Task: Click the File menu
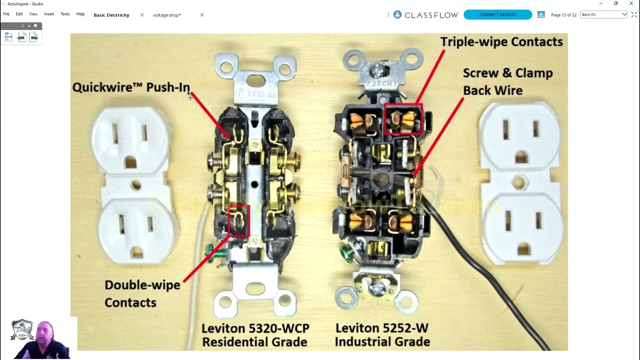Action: tap(6, 14)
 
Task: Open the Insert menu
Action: tap(49, 14)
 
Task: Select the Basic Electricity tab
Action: tap(111, 15)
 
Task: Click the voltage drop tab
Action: tap(166, 15)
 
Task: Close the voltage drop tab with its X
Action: tap(202, 15)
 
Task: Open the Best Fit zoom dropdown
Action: tap(604, 14)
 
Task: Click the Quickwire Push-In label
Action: tap(131, 87)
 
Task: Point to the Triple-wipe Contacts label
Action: tap(501, 42)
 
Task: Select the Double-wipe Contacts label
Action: tap(142, 293)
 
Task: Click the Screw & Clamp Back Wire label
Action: tap(507, 81)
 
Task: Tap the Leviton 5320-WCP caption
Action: tap(255, 335)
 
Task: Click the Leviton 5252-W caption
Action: tap(382, 335)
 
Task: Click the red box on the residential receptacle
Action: tap(238, 220)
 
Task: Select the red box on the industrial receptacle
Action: tap(403, 119)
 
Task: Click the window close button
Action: tap(631, 3)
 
